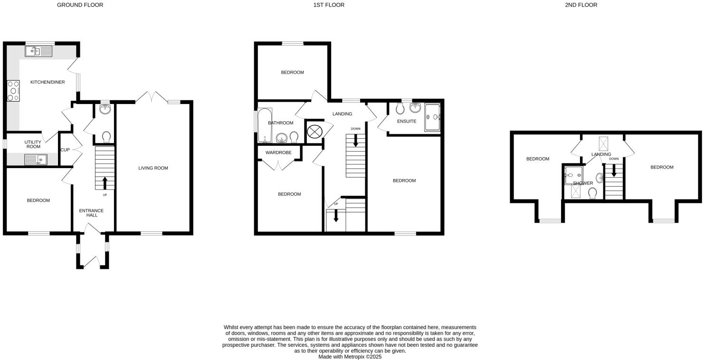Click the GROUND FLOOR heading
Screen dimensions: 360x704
coord(80,5)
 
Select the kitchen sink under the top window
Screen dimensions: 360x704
coord(39,51)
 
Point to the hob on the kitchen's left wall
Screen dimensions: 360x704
coord(13,91)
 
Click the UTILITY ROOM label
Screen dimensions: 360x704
coord(33,144)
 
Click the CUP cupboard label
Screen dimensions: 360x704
coord(65,150)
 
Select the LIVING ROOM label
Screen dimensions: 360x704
coord(153,168)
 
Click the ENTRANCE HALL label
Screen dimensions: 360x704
coord(91,213)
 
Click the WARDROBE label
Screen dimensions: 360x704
coord(278,152)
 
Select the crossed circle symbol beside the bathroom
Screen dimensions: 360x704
coord(314,131)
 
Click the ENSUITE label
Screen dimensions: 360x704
coord(407,122)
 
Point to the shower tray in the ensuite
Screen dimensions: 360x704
coord(432,117)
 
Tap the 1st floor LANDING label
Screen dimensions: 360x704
coord(342,114)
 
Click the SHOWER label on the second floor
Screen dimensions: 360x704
coord(583,183)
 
